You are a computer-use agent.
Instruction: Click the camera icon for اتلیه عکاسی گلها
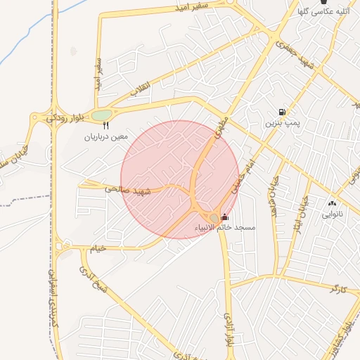[x=323, y=2]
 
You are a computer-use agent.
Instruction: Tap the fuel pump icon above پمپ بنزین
[x=282, y=112]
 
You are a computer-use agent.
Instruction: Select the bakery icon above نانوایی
[x=332, y=203]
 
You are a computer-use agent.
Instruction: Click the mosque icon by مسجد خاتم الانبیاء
[x=224, y=217]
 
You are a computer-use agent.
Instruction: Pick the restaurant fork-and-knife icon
[x=106, y=126]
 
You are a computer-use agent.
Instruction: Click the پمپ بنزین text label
[x=282, y=123]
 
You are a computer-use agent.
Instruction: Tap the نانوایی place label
[x=333, y=214]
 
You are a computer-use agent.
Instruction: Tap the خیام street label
[x=97, y=248]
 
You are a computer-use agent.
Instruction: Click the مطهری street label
[x=222, y=127]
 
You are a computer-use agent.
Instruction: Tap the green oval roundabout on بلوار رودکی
[x=102, y=115]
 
